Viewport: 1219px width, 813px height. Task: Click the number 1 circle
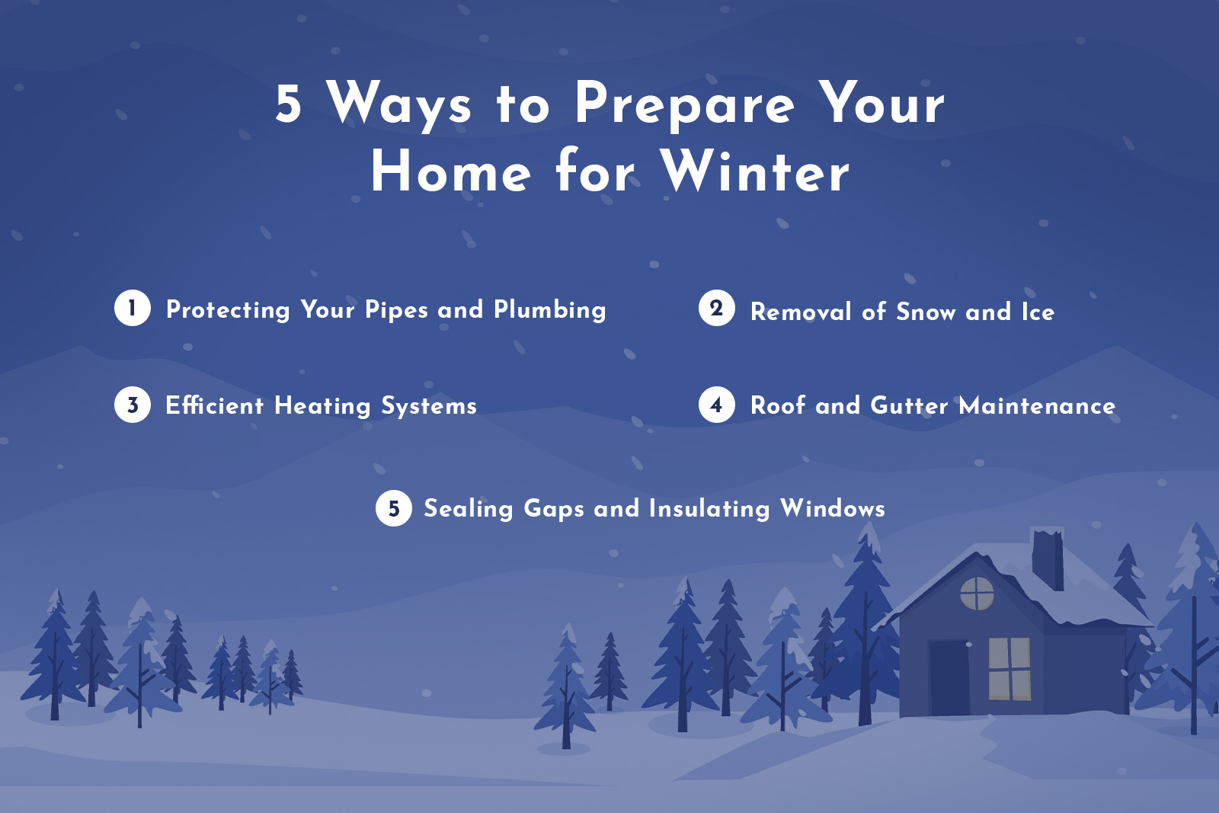coord(133,308)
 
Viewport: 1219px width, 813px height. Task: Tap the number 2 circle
coord(717,308)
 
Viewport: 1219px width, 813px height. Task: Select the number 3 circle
coord(133,405)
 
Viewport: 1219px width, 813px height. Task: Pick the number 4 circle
coord(717,405)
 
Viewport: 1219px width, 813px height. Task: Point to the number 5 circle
coord(393,508)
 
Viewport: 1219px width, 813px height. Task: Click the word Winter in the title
coord(755,171)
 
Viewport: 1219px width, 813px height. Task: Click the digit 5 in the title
coord(289,104)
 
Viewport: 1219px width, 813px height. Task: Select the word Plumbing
coord(549,310)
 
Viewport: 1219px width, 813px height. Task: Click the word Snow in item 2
coord(926,312)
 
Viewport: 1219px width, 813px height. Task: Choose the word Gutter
coord(909,406)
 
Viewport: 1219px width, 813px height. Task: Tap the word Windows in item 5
coord(833,508)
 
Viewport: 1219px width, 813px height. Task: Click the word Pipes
coord(396,310)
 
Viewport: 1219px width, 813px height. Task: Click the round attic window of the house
coord(977,593)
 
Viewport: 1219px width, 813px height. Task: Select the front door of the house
coord(949,677)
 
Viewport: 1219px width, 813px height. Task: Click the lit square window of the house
coord(1009,669)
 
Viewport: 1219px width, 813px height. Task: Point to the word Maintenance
coord(1037,406)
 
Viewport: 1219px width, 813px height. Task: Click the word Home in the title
coord(451,171)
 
